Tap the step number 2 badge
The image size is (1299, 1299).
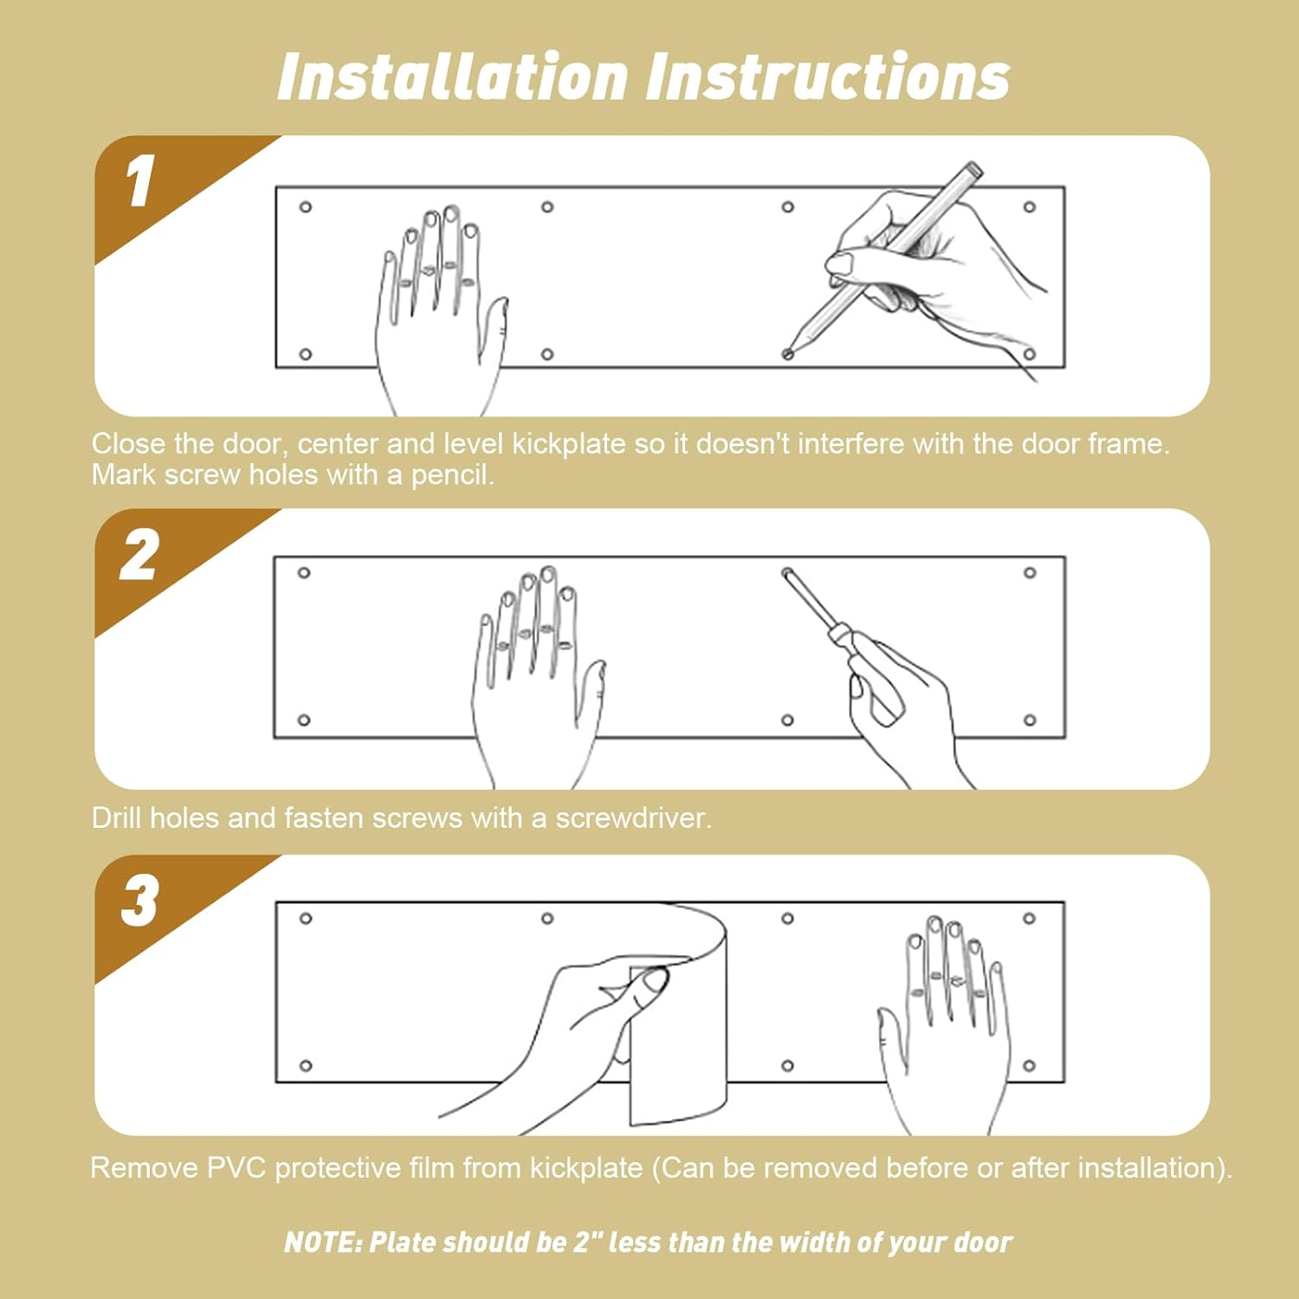139,554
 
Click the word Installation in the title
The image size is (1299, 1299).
452,77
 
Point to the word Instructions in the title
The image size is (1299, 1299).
829,77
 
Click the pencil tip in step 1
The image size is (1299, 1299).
788,353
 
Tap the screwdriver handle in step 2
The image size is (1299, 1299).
866,675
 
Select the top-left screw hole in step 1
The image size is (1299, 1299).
306,207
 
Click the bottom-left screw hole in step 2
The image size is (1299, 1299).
304,720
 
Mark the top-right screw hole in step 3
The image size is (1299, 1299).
1029,918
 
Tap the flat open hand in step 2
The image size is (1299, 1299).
538,675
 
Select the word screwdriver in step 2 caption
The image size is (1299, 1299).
632,818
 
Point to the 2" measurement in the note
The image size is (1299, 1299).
587,1242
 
